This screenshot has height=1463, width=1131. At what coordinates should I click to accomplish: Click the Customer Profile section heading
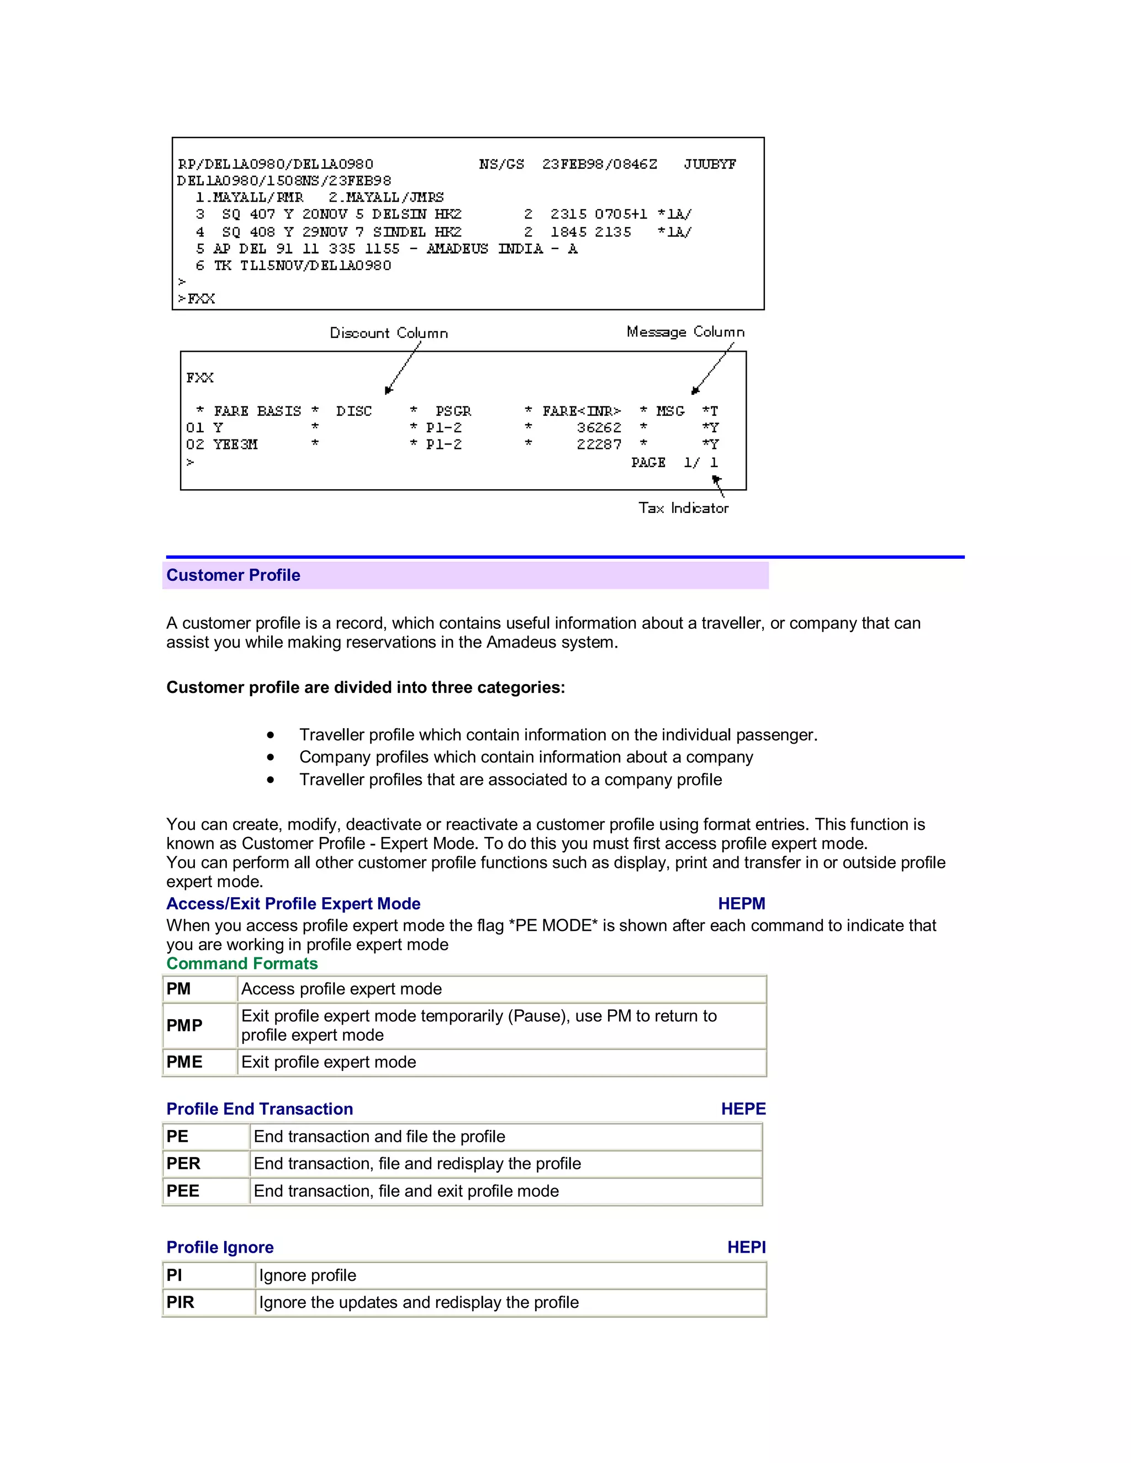pos(233,575)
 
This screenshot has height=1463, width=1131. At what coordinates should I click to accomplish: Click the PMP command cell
pos(184,1026)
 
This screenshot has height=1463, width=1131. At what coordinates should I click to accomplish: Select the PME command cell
pos(184,1062)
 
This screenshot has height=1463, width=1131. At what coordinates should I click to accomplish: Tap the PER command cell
pos(183,1164)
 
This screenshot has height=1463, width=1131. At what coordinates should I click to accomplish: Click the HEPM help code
pos(741,904)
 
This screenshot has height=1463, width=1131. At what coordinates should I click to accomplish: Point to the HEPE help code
pos(743,1109)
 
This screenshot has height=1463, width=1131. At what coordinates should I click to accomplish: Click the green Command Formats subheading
pos(242,963)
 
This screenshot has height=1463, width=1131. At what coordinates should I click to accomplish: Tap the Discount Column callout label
pos(389,333)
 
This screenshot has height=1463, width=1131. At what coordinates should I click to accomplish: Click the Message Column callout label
pos(685,332)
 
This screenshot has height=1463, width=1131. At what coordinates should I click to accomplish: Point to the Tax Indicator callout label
pos(683,508)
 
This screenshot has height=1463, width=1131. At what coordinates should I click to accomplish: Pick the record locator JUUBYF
pos(710,164)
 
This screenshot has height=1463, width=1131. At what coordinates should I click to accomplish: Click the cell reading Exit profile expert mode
pos(329,1062)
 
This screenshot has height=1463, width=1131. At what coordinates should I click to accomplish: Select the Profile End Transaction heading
pos(260,1109)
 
